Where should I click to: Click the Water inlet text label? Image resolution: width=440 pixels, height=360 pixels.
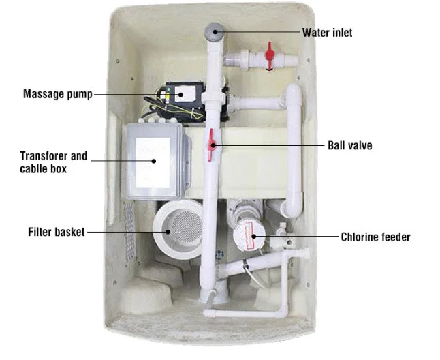coord(328,31)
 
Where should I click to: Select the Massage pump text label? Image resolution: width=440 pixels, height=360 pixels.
coord(57,93)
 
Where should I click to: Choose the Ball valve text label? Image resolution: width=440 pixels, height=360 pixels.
coord(349,145)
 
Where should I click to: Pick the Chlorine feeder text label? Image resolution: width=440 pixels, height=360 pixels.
coord(375,237)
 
